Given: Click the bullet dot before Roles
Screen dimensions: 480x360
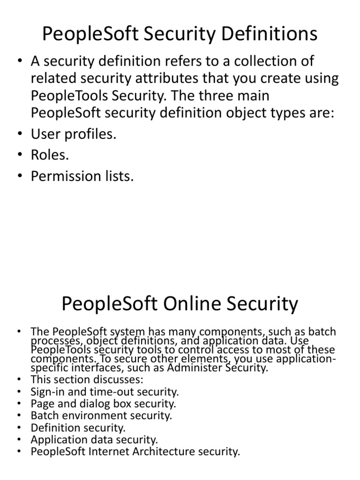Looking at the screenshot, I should pyautogui.click(x=19, y=155).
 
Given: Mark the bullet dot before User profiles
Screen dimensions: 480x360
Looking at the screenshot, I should pyautogui.click(x=19, y=134).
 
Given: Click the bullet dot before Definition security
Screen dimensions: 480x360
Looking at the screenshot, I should pyautogui.click(x=19, y=427).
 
